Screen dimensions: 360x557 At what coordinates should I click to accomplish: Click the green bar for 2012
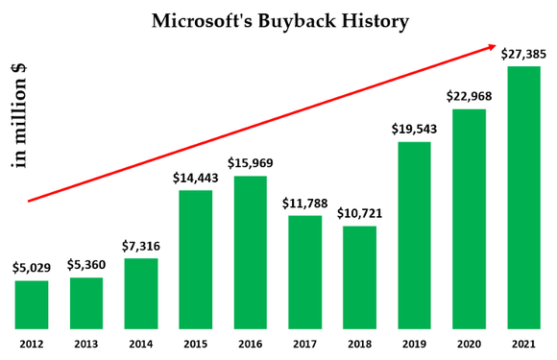[x=32, y=304]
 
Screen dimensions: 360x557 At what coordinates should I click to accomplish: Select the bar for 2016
[x=251, y=252]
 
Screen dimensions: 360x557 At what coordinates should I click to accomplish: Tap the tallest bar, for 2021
[x=523, y=197]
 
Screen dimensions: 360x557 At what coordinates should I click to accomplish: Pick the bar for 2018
[x=359, y=276]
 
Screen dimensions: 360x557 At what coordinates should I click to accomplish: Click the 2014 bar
[x=141, y=293]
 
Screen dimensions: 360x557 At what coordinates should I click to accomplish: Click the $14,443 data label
[x=196, y=178]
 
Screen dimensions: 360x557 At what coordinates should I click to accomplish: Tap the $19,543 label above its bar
[x=414, y=129]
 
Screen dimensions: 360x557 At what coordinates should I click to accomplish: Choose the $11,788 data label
[x=304, y=203]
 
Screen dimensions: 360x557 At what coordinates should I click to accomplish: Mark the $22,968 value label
[x=469, y=96]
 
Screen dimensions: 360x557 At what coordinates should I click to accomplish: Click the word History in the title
[x=375, y=20]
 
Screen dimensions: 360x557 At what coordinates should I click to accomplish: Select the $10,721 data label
[x=359, y=213]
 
